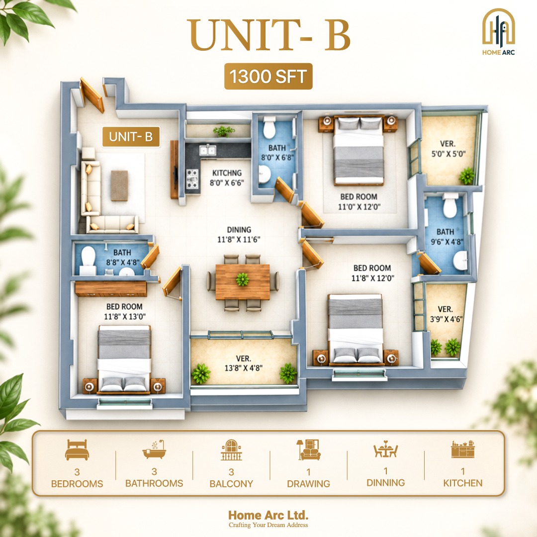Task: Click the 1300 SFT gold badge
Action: pos(268,76)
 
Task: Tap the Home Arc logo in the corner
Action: pos(498,32)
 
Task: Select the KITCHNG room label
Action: pos(227,173)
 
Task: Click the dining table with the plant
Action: pos(243,281)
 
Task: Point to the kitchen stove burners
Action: pos(192,179)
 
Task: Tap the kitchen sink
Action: pos(207,150)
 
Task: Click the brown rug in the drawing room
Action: pos(119,185)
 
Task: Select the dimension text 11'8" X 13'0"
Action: pos(125,316)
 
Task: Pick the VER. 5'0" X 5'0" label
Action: pos(448,149)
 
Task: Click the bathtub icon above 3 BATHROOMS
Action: pos(154,449)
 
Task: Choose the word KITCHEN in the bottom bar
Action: pos(463,483)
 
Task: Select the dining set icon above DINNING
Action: pos(386,449)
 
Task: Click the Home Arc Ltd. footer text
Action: pos(268,515)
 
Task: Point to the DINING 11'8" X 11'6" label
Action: pos(239,235)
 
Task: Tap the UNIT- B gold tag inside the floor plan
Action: pos(131,137)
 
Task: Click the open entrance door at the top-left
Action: pos(92,95)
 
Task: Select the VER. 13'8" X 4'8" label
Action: pos(244,363)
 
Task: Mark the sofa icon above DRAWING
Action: pos(308,449)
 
